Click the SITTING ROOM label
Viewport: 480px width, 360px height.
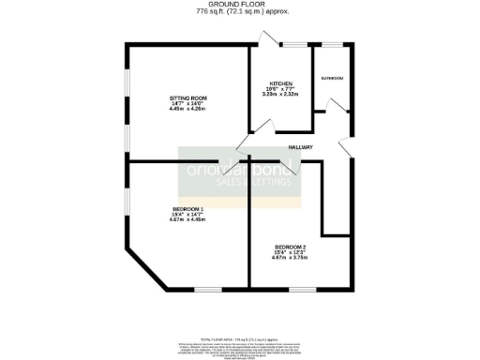(x=187, y=97)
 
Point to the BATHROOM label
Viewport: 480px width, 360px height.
(x=331, y=78)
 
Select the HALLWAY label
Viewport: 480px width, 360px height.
(x=300, y=147)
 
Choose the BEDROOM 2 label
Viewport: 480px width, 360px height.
(x=289, y=247)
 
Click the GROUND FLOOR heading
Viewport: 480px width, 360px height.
(x=243, y=5)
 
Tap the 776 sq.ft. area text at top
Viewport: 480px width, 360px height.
(x=243, y=12)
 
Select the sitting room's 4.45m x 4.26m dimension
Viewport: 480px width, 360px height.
(x=187, y=110)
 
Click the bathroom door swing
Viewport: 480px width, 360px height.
(x=319, y=117)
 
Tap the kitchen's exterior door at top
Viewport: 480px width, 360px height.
(x=269, y=39)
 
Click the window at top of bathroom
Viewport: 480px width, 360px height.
(x=331, y=44)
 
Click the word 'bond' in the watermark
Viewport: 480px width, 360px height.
(x=274, y=170)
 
